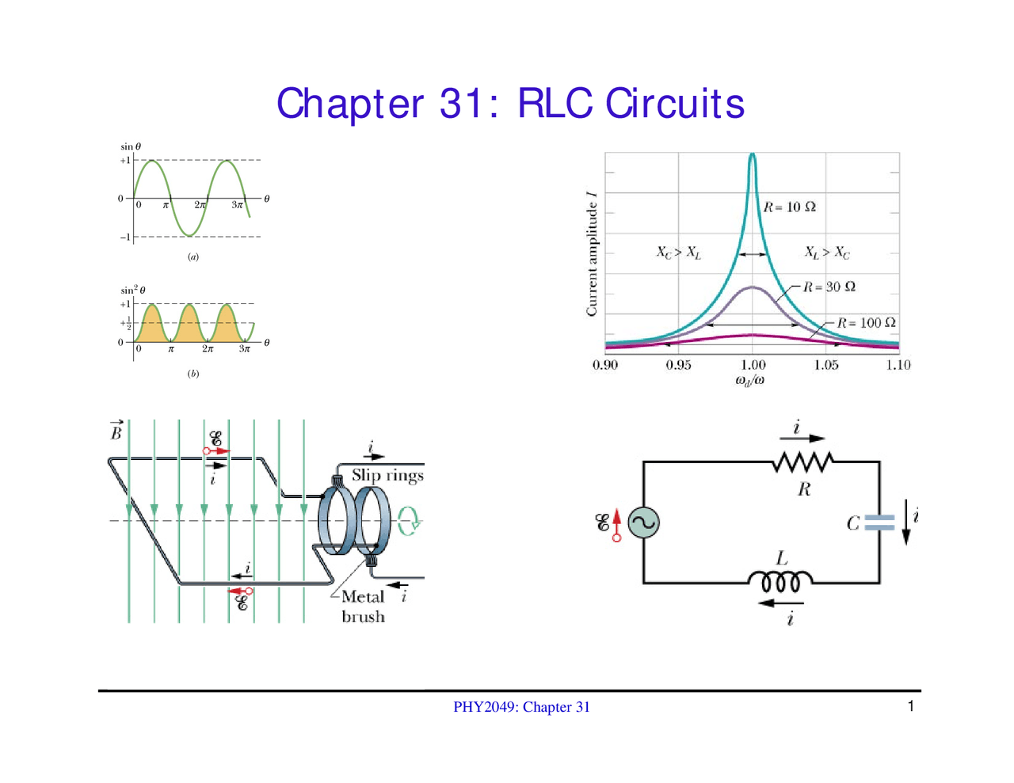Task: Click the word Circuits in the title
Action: [x=674, y=104]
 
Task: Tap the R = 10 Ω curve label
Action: [x=789, y=207]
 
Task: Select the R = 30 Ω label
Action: [x=829, y=287]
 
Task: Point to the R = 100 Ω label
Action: [x=866, y=323]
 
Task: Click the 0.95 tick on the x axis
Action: [x=678, y=365]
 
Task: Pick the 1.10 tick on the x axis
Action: [x=898, y=365]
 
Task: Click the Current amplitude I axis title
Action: [x=592, y=253]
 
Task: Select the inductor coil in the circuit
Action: [x=781, y=582]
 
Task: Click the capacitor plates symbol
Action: [x=879, y=523]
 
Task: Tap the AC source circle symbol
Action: [x=643, y=523]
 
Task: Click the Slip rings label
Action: [x=387, y=475]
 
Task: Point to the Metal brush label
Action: [x=363, y=606]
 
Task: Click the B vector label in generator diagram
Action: [x=116, y=431]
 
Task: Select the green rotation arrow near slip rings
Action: [x=409, y=521]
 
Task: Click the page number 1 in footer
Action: [x=911, y=706]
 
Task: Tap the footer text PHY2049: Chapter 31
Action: [x=521, y=707]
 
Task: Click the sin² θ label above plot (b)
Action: [x=133, y=291]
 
